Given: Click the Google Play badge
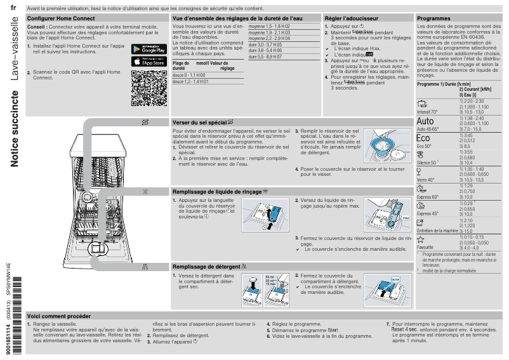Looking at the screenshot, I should [x=149, y=49].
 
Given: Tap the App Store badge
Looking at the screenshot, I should [x=149, y=61].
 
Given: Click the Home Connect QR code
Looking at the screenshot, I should [x=149, y=88].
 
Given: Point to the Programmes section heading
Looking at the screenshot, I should [x=433, y=19].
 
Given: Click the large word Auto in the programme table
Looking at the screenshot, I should [x=426, y=121].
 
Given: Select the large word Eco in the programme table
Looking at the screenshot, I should [x=423, y=138].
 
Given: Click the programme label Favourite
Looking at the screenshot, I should [x=425, y=247].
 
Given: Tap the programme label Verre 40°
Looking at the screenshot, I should [x=425, y=180].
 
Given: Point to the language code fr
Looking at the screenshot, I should [x=13, y=9].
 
